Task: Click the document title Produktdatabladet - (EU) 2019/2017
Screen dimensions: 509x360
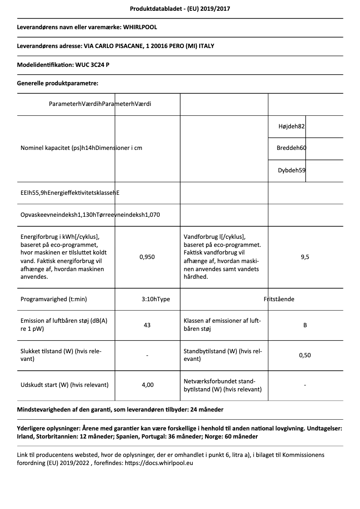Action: (180, 9)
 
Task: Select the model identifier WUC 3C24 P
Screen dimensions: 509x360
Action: (92, 65)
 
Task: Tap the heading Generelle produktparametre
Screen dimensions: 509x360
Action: (57, 83)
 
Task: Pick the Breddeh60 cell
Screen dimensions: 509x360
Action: (291, 148)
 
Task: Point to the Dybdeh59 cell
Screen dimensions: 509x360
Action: (292, 170)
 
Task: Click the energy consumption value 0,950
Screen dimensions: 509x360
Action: (147, 257)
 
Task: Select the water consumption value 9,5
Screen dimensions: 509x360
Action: (305, 257)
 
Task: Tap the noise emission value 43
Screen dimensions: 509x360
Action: (147, 325)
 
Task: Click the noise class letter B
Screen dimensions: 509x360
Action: (305, 325)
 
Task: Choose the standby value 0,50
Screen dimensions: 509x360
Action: (305, 355)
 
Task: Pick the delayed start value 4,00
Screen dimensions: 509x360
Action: (147, 385)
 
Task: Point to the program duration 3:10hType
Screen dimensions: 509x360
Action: (155, 299)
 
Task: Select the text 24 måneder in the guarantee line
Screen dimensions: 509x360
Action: (207, 409)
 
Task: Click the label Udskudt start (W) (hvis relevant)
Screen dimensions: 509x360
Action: (65, 385)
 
